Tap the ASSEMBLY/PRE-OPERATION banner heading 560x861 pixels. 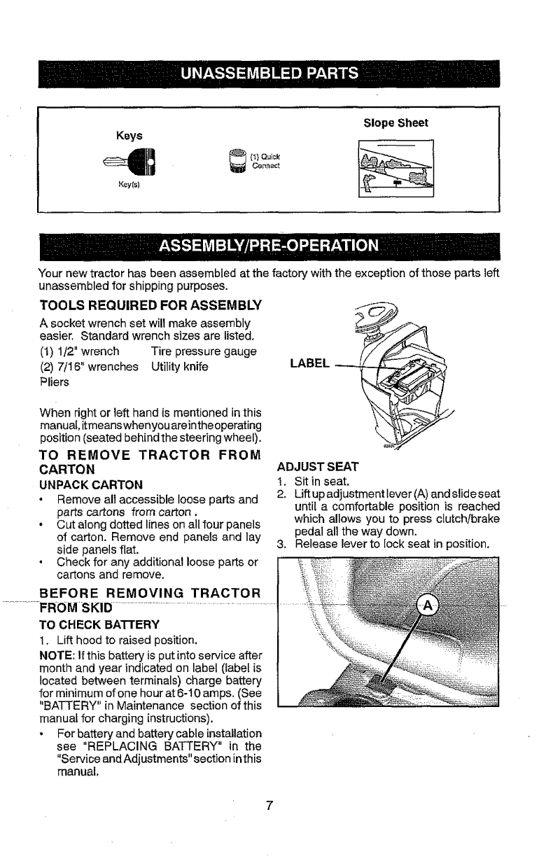point(269,247)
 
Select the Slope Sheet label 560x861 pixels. point(395,123)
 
